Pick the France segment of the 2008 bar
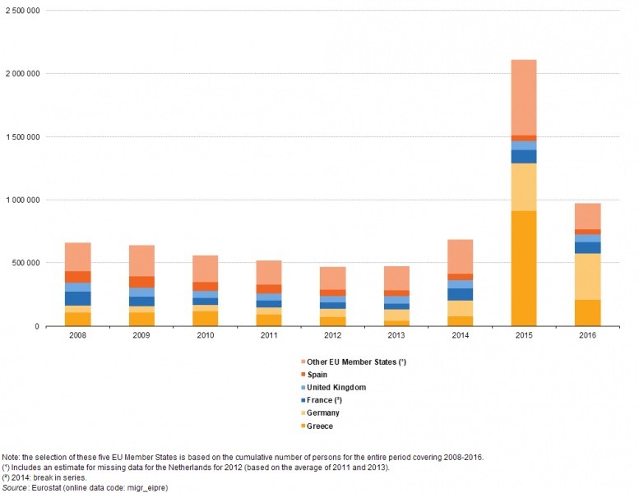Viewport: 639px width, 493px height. [x=77, y=298]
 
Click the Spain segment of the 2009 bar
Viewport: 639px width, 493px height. [x=141, y=282]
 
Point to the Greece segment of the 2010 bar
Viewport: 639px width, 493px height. [x=206, y=319]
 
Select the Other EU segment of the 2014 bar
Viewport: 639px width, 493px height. [x=459, y=256]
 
